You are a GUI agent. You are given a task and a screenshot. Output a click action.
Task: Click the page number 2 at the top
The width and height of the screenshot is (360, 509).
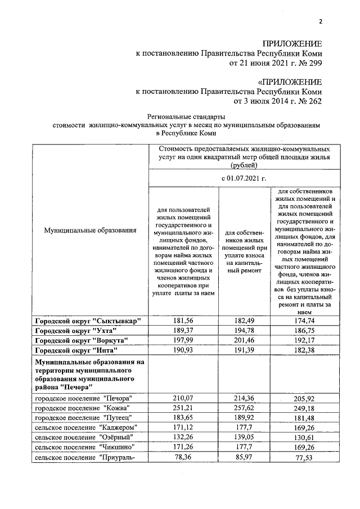click(x=320, y=22)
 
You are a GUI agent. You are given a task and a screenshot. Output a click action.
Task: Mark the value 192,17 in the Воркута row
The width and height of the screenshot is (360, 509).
click(x=303, y=340)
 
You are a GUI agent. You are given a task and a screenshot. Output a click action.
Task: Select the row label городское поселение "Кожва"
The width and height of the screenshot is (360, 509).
click(x=82, y=408)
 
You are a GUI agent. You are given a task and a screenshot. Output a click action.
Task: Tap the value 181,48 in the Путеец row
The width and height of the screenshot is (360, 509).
click(x=303, y=418)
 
